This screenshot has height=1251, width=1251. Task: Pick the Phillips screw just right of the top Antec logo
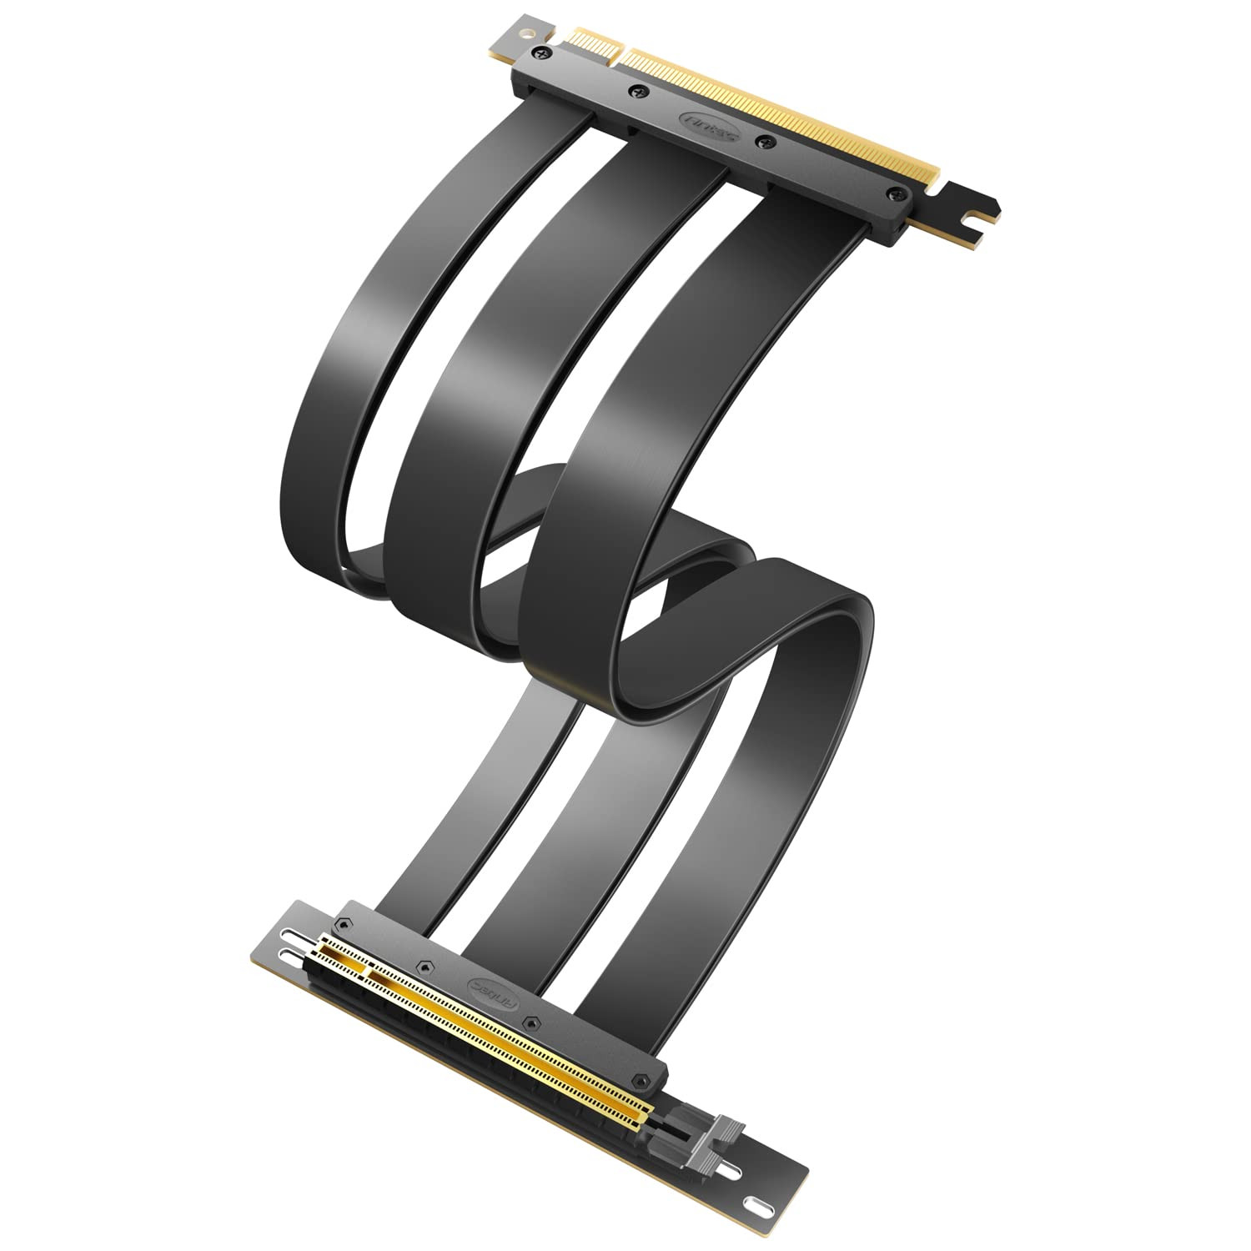[x=760, y=143]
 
